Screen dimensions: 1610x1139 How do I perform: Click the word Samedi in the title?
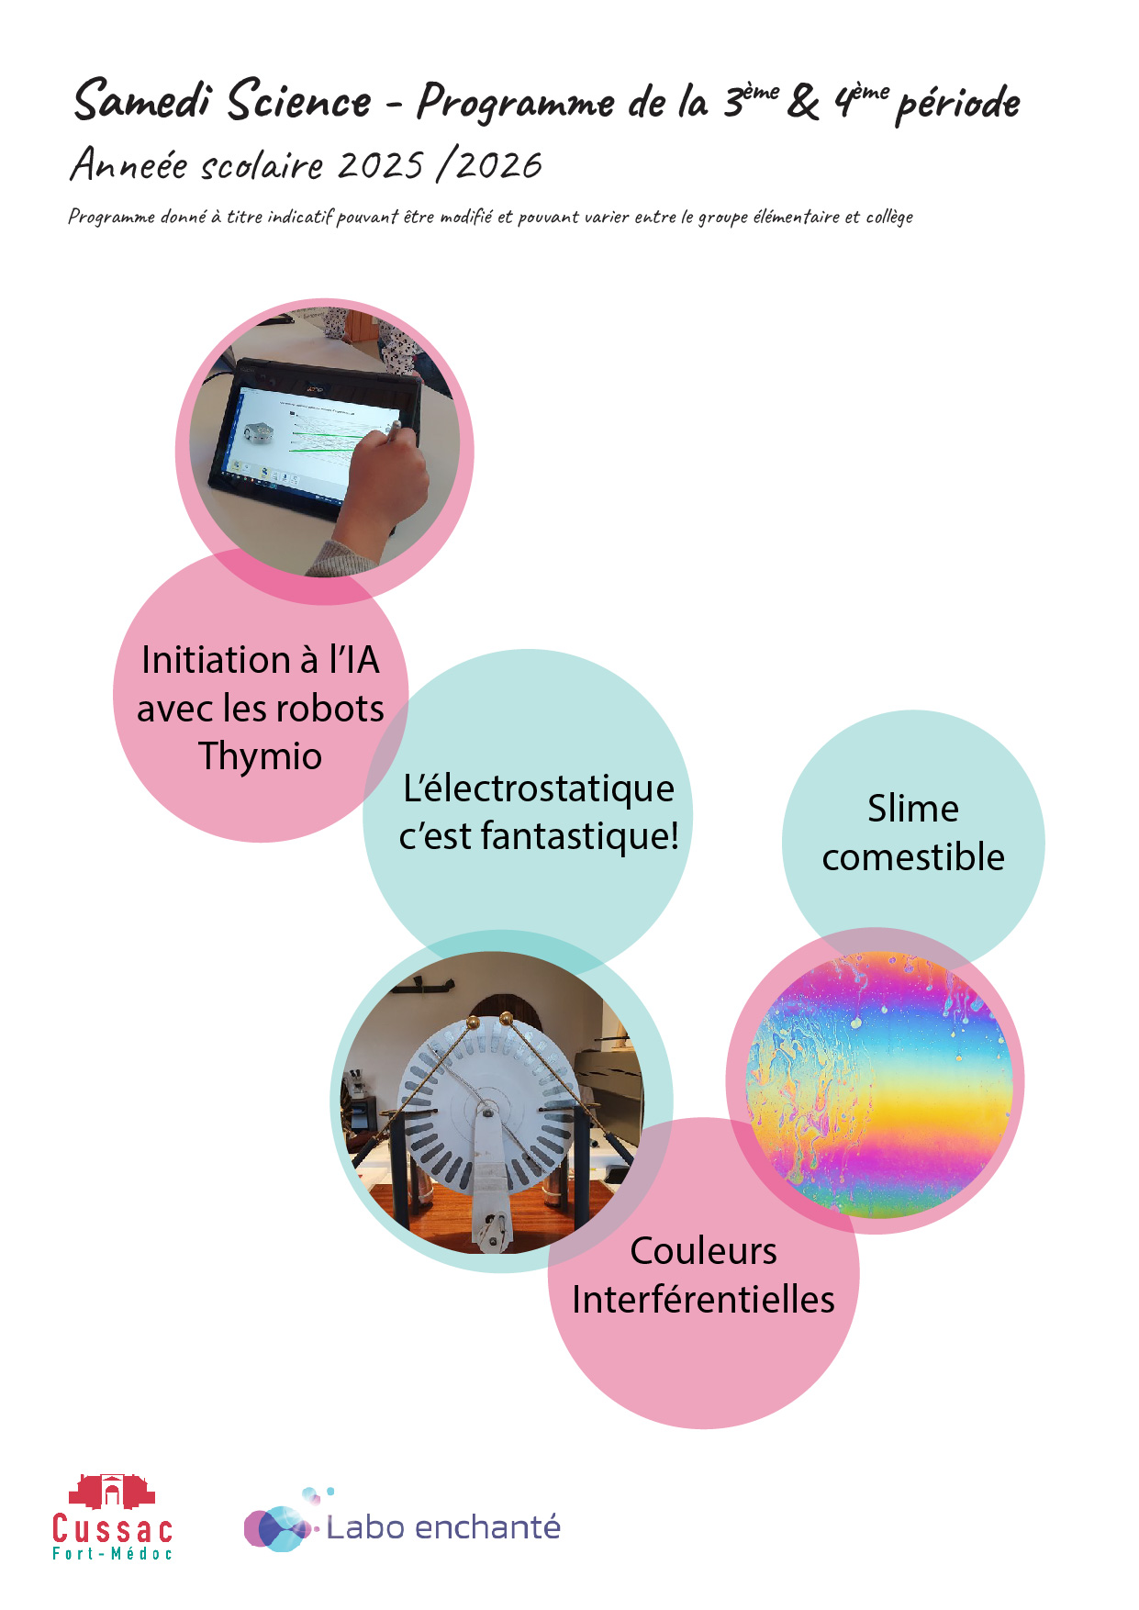click(x=142, y=101)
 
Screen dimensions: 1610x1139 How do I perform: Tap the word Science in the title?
click(x=299, y=101)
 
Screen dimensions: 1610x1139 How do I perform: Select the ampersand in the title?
click(x=803, y=102)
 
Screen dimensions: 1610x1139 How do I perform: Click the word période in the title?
click(x=957, y=104)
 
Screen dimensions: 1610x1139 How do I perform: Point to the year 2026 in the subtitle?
click(x=499, y=166)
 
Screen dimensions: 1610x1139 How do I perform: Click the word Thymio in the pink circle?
click(x=261, y=756)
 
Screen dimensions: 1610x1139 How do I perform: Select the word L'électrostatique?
click(x=539, y=788)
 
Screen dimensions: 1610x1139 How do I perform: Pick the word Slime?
click(x=913, y=809)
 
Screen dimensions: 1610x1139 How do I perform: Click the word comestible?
click(x=913, y=857)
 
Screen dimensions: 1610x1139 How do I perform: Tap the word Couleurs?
click(x=703, y=1251)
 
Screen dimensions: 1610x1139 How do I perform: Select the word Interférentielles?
click(x=703, y=1300)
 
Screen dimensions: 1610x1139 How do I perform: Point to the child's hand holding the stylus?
click(x=381, y=482)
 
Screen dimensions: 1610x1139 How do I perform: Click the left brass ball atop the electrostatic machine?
click(x=473, y=1022)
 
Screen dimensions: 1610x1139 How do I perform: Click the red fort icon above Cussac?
click(x=112, y=1492)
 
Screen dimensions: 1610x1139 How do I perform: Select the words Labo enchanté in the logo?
click(x=443, y=1527)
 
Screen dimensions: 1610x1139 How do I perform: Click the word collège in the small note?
click(x=889, y=218)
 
